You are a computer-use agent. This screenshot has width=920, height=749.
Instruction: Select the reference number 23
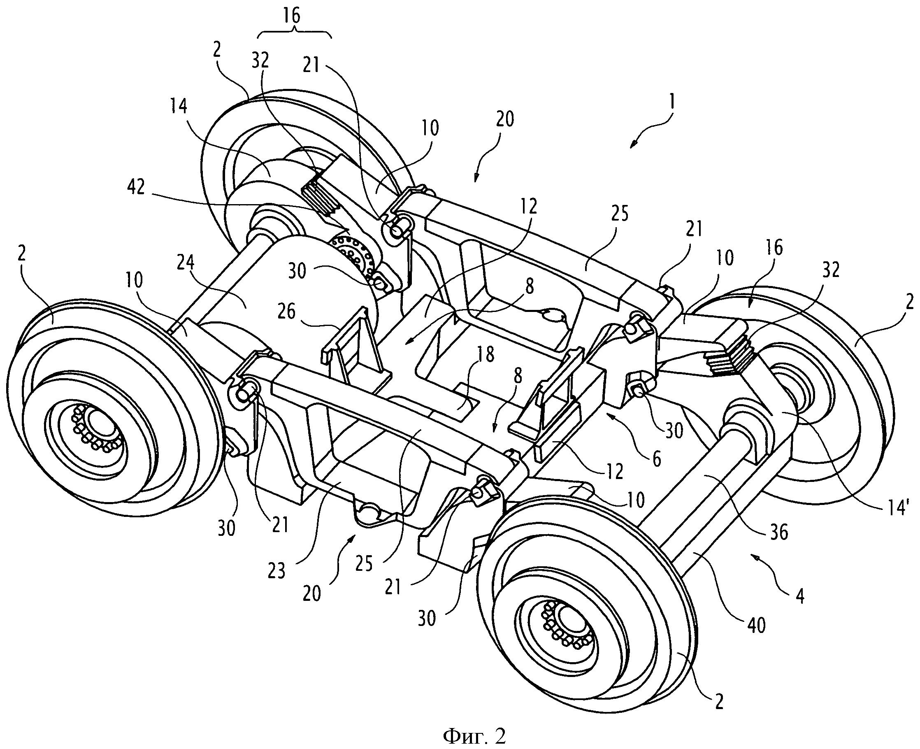(x=276, y=571)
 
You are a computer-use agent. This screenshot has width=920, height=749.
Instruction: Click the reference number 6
(x=656, y=460)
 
